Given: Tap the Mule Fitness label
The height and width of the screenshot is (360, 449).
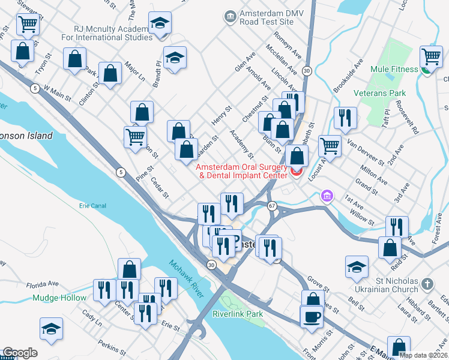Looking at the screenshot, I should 394,69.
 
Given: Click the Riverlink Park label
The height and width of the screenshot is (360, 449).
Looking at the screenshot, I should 238,314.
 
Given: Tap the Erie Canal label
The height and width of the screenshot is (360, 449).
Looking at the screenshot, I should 92,206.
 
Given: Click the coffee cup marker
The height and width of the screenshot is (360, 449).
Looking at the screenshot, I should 312,315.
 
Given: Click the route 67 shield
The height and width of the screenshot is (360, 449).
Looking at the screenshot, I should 273,206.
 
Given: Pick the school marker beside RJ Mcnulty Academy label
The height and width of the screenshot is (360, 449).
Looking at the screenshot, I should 160,24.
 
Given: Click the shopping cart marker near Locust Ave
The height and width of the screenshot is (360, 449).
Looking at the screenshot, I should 330,145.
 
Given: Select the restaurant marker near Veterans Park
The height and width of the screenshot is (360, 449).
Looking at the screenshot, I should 345,118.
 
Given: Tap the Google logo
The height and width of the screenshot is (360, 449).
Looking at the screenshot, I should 20,353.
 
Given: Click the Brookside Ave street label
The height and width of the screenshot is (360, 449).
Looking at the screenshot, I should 349,76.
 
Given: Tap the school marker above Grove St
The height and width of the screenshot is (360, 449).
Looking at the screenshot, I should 357,267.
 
